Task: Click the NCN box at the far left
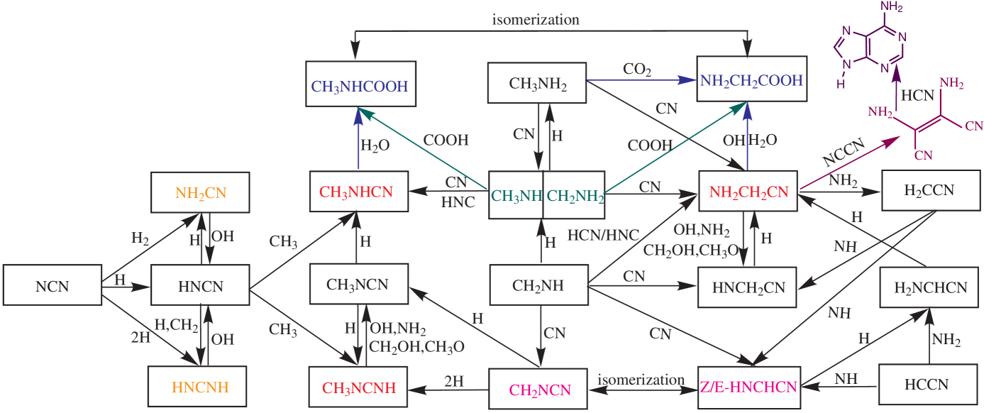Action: pos(50,287)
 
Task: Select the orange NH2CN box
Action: pos(201,192)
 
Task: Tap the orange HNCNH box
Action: pos(197,387)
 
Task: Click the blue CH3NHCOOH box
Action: pos(360,87)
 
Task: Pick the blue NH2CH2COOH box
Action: pos(751,80)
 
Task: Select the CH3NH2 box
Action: pos(538,83)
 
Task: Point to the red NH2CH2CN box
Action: pos(748,191)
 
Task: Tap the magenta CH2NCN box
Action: pos(539,389)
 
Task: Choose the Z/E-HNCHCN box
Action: pos(748,387)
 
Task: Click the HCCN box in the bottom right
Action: pos(926,385)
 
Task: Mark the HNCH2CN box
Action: pos(748,287)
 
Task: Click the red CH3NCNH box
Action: pos(358,388)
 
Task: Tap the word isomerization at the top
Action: pos(536,20)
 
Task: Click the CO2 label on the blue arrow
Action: pos(636,70)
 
